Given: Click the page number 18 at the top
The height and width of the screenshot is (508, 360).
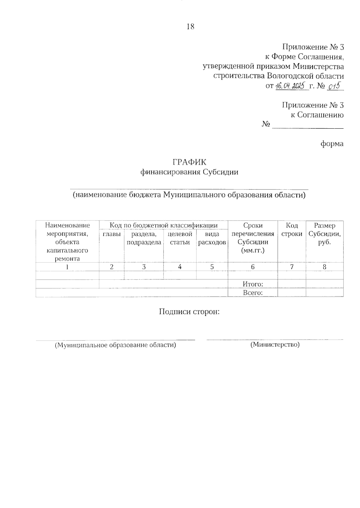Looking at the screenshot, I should (190, 27).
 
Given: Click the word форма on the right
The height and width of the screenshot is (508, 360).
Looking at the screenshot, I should (332, 144).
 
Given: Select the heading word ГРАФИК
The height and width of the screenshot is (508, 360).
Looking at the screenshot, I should (190, 162).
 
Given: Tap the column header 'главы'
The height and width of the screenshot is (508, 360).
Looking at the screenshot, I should (112, 234).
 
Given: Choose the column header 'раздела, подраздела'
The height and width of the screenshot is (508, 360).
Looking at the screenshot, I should (144, 238).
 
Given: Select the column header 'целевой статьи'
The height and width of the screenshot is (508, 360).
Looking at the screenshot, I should (180, 238).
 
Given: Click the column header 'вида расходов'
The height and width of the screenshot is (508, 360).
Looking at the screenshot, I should (212, 238).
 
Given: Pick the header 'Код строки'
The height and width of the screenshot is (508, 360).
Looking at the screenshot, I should (292, 230).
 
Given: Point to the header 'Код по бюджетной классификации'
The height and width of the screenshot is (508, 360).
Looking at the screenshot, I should (163, 225).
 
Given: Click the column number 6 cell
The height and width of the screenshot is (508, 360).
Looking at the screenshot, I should (253, 267).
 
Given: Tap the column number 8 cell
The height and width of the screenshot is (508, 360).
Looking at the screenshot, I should (325, 267).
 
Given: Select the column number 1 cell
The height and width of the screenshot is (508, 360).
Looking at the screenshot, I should (67, 267).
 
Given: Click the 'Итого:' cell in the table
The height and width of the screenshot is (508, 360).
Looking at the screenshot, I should (253, 284).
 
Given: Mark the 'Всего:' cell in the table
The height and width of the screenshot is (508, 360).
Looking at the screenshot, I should (253, 293).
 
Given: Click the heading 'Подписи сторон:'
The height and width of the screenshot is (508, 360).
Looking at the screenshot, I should (190, 312).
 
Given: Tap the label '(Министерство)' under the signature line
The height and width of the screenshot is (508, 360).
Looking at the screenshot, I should (275, 345).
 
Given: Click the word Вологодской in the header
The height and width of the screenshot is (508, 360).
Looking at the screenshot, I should (288, 76).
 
